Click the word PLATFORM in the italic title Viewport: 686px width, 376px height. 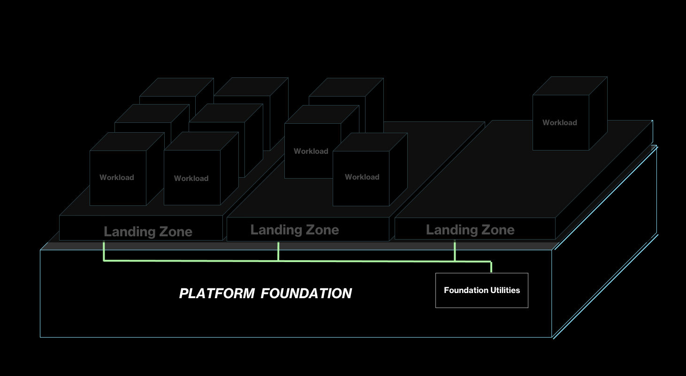[x=217, y=293]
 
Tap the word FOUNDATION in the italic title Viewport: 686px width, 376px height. [x=306, y=293]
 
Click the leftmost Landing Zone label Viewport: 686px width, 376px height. [x=148, y=231]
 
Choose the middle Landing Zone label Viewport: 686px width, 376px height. [x=295, y=230]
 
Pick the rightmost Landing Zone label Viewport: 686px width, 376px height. [x=470, y=230]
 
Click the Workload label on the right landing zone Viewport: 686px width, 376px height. [x=560, y=122]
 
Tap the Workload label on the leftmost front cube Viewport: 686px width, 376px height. [x=117, y=177]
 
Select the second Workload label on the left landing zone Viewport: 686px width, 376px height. [x=191, y=178]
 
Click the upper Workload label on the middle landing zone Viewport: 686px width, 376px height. [x=311, y=151]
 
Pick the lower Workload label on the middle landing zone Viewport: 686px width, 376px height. [x=362, y=177]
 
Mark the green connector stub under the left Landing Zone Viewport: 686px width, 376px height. [x=103, y=250]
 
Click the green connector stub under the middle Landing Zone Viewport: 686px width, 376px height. [x=278, y=250]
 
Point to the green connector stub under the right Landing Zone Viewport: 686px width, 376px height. [x=455, y=250]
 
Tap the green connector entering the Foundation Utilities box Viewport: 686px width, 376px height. [x=491, y=267]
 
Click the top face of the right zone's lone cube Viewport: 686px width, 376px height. [x=570, y=86]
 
